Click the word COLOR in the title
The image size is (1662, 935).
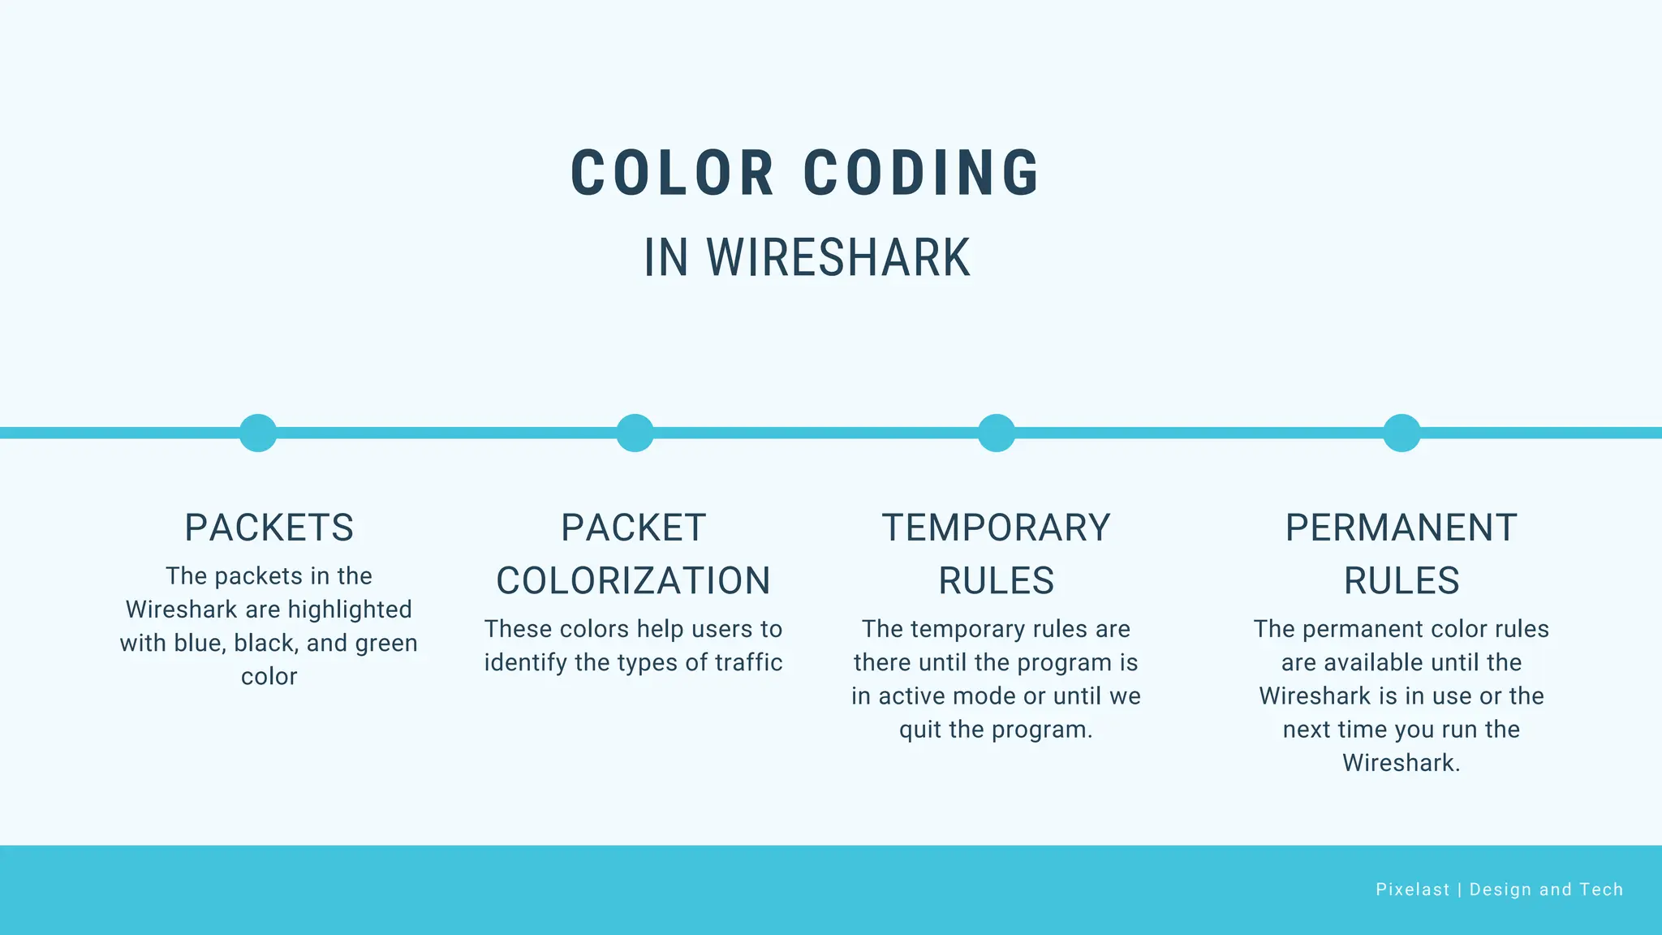point(673,173)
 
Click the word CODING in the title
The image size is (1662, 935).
point(921,173)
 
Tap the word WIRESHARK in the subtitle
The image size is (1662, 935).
point(838,258)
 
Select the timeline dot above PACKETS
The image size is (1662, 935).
point(258,433)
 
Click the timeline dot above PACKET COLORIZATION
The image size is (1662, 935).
point(635,433)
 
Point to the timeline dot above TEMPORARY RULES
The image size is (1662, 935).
point(997,433)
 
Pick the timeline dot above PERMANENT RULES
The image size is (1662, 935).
point(1402,433)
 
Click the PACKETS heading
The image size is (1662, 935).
point(269,528)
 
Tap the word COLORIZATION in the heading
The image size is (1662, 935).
point(634,581)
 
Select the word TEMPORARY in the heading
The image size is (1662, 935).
point(997,528)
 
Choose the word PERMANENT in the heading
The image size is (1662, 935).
point(1402,528)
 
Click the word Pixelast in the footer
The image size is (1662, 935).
point(1413,890)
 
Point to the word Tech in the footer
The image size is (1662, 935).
point(1601,890)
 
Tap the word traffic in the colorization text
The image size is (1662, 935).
point(748,662)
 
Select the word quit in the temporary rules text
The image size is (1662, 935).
point(920,730)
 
